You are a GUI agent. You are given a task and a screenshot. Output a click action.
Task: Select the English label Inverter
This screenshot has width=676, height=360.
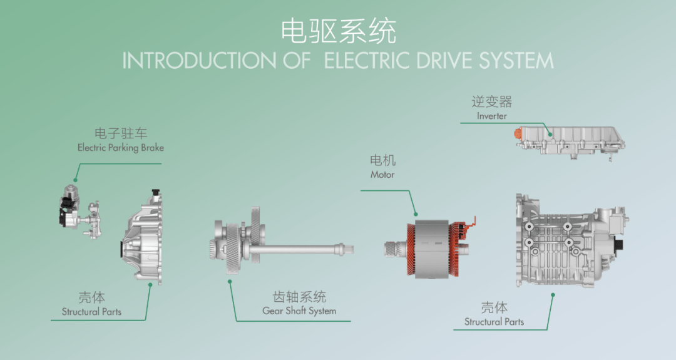point(491,116)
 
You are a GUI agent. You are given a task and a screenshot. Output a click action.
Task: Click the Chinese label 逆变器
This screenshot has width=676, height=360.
point(491,101)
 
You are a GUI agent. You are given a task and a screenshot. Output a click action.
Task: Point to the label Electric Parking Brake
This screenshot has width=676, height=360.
point(121,148)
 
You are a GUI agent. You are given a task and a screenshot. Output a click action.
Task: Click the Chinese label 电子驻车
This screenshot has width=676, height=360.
point(121,134)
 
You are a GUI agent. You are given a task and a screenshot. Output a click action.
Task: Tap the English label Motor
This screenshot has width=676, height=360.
point(382,175)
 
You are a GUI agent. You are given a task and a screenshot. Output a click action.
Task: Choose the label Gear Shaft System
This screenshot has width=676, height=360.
point(299,311)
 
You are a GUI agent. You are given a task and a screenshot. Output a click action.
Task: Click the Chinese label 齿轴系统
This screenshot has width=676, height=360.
point(300,297)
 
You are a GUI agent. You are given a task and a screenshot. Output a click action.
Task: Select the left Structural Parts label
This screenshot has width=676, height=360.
point(91,311)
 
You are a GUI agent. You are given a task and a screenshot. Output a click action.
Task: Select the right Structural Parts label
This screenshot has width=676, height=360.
point(494,322)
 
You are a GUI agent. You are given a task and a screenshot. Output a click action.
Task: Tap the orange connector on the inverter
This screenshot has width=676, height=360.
point(517,133)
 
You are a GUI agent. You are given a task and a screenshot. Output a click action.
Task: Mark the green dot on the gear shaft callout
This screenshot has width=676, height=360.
point(230,282)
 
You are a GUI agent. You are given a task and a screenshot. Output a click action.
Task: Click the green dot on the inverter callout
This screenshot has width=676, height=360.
point(550,133)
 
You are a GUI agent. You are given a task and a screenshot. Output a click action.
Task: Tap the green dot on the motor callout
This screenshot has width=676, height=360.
point(416,215)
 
